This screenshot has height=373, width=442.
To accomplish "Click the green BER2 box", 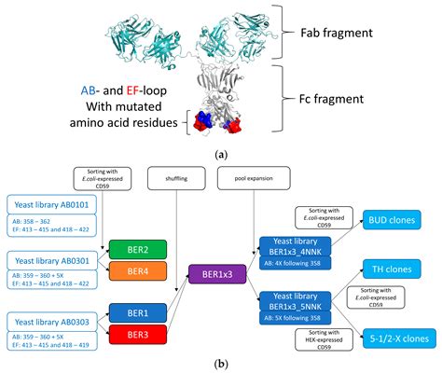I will (136, 250).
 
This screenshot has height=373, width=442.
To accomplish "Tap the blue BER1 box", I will (136, 310).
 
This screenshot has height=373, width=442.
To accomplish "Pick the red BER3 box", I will (136, 330).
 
